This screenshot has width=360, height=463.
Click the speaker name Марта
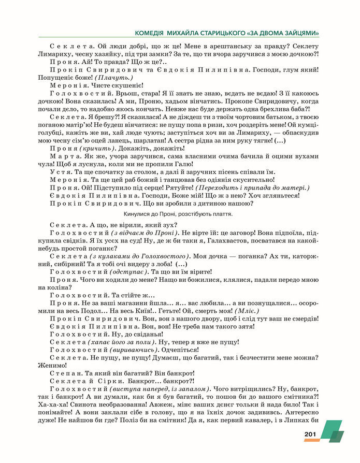[64, 156]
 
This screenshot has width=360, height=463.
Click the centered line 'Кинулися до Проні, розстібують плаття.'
[179, 213]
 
